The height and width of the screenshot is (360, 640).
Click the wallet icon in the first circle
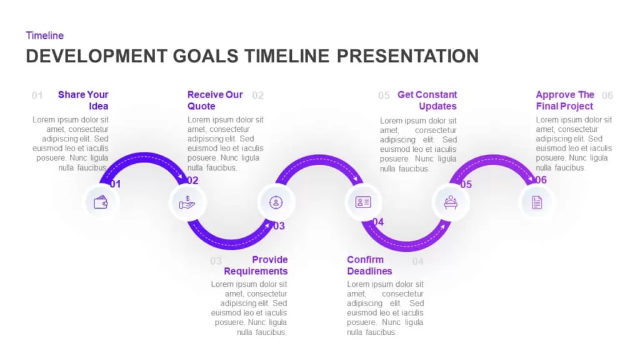[x=101, y=202]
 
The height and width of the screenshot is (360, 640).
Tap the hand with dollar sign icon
[x=187, y=202]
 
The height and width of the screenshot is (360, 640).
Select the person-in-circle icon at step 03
[x=276, y=202]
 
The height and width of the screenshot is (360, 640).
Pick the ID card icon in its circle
[x=363, y=202]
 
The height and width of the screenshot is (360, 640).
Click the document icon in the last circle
[x=537, y=202]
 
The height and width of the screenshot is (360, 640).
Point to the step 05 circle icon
[x=450, y=202]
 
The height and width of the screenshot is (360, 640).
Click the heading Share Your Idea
[x=83, y=101]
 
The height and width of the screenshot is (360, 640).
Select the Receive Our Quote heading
[x=215, y=101]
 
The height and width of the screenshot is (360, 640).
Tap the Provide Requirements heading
[x=256, y=265]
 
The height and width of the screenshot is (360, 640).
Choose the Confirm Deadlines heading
[x=369, y=265]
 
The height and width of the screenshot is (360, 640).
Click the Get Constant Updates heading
[x=427, y=101]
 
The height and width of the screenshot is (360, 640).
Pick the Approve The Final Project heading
[x=565, y=101]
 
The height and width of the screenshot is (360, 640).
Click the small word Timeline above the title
[x=45, y=36]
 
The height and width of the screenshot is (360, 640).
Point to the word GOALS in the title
[x=205, y=56]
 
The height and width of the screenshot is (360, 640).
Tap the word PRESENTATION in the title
[x=407, y=56]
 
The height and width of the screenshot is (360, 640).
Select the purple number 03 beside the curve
[x=279, y=226]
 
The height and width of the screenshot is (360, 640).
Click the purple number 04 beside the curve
[x=378, y=222]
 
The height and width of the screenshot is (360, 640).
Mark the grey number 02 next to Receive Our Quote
[x=258, y=96]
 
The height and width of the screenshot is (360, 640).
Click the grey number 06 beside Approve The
[x=607, y=96]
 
